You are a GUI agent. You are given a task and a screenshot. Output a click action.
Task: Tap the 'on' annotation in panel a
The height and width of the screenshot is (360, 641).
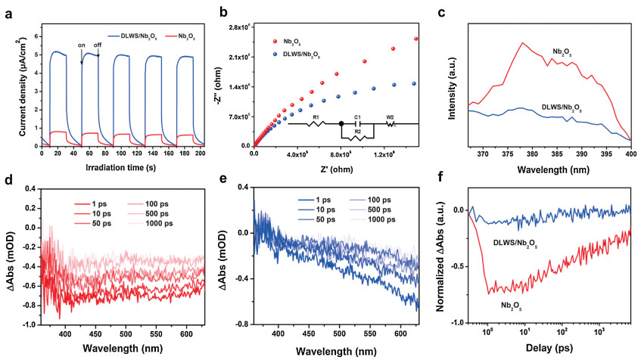[x=81, y=45]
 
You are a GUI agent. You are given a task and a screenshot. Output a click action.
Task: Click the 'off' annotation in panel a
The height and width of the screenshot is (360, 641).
[x=98, y=45]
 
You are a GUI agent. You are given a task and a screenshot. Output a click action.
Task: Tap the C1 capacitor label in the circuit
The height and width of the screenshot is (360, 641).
[x=357, y=116]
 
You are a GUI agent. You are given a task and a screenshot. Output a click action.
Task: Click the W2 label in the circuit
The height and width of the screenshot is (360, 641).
[x=391, y=116]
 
